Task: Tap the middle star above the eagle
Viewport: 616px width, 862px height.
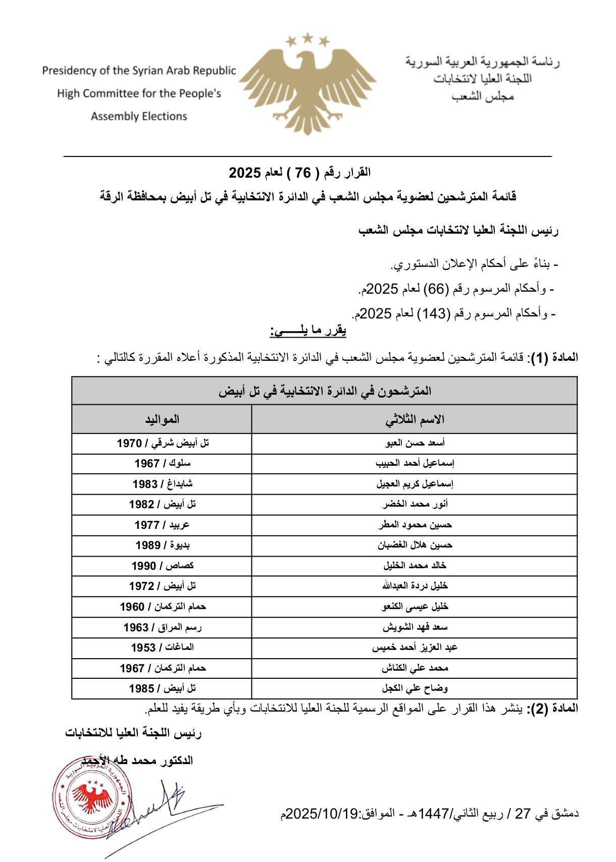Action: [x=307, y=37]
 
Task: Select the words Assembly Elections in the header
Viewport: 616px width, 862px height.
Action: [x=139, y=117]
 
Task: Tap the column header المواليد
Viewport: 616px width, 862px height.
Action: [x=162, y=419]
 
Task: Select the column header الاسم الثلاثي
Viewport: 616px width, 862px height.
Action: [x=415, y=419]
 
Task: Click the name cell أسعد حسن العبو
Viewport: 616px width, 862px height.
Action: [x=415, y=443]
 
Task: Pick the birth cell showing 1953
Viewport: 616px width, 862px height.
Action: [x=162, y=648]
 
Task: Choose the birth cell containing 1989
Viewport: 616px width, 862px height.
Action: [x=162, y=545]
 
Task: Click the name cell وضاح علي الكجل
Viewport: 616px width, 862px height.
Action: [x=415, y=688]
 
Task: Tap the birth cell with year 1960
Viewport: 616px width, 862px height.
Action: [x=162, y=607]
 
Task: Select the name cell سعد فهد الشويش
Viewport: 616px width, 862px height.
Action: [x=415, y=627]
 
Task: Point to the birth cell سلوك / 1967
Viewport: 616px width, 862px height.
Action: [x=162, y=463]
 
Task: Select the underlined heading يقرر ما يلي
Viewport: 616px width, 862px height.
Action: [x=308, y=332]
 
